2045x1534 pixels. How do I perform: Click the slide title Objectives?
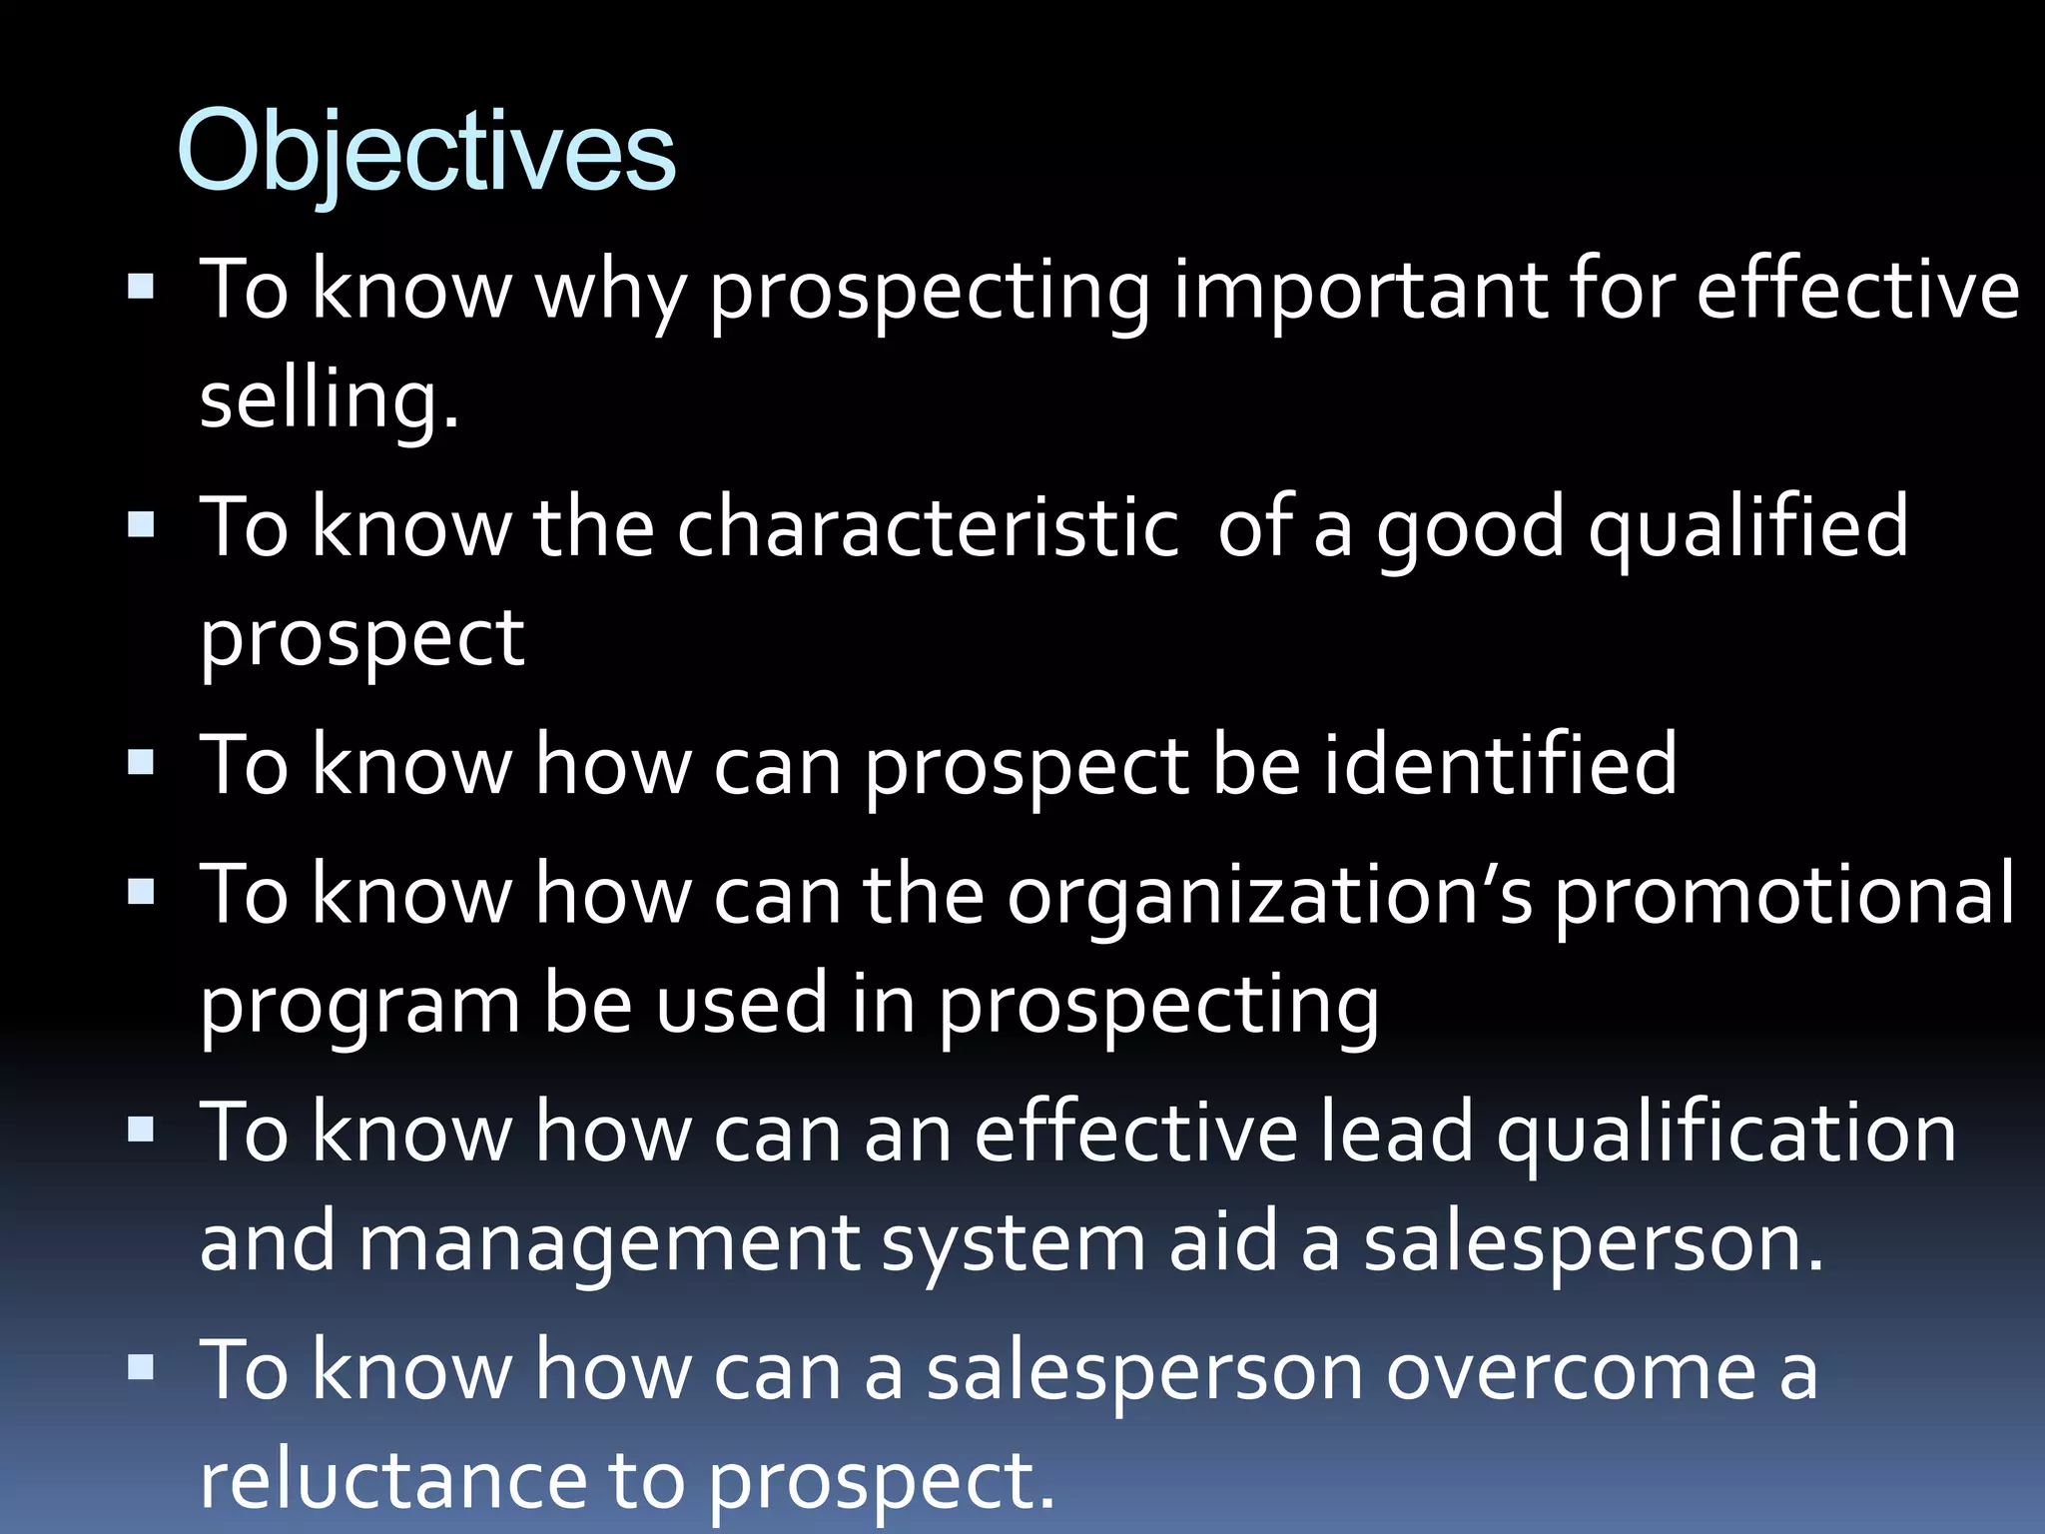(426, 152)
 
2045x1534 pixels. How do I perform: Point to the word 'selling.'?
(330, 399)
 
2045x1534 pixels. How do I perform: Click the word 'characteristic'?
(929, 527)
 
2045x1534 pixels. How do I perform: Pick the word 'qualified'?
(1747, 527)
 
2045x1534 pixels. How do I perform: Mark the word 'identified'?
(1501, 765)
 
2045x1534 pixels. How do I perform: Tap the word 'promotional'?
(1784, 895)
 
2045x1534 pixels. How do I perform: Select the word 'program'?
(360, 1005)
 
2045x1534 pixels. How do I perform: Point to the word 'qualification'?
(1726, 1133)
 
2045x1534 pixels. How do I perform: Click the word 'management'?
(609, 1243)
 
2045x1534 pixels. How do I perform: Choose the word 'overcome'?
(1571, 1371)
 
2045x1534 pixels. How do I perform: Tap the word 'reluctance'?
(393, 1480)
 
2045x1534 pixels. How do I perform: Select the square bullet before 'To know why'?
(142, 289)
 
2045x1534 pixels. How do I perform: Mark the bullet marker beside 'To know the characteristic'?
(142, 525)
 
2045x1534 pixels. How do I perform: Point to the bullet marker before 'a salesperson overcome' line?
(142, 1368)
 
